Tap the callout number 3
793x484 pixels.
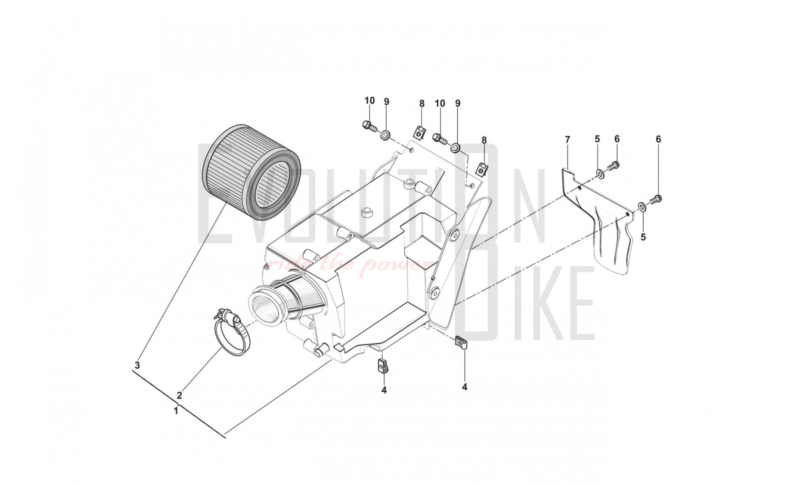click(137, 365)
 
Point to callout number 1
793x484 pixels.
click(176, 411)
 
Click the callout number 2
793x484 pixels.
click(179, 395)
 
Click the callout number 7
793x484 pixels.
click(567, 140)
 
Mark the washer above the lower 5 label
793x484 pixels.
click(641, 206)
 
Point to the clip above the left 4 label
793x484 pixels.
click(383, 367)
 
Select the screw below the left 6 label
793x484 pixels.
click(613, 165)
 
